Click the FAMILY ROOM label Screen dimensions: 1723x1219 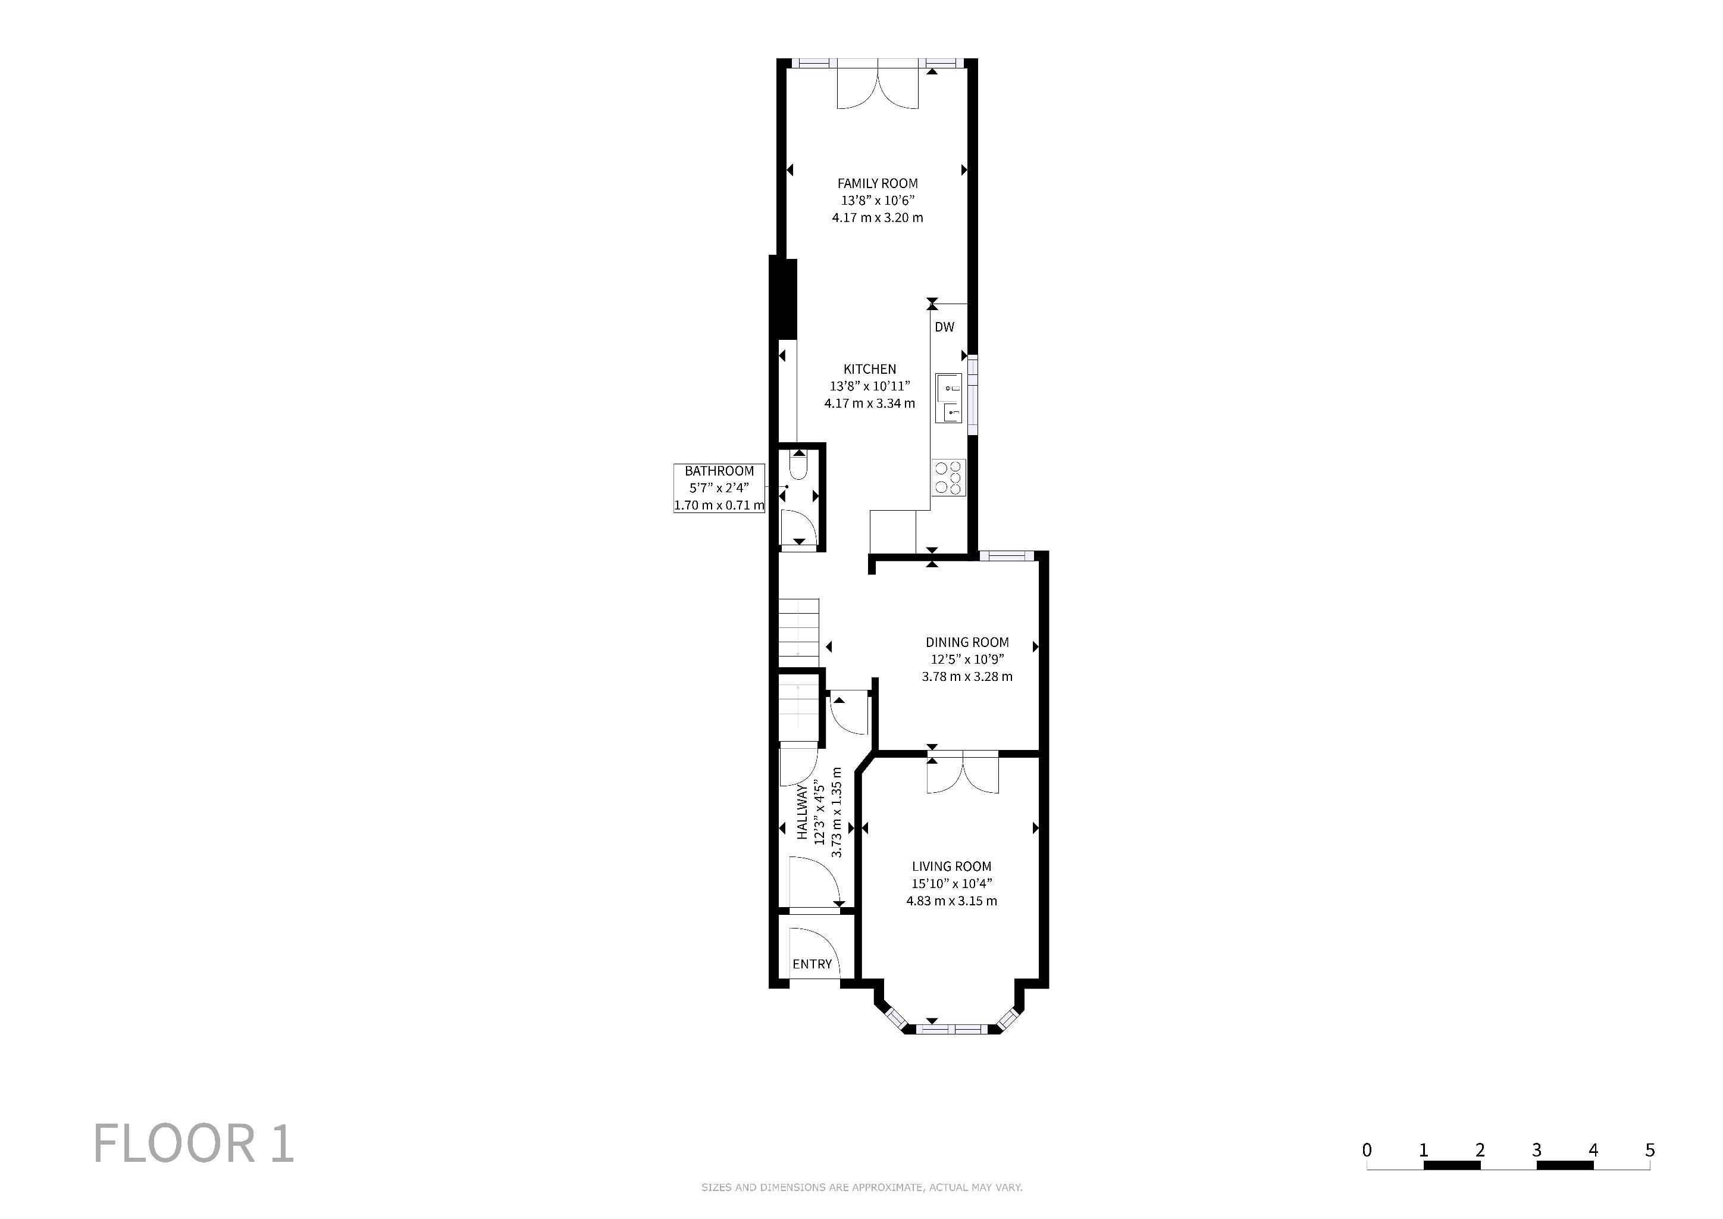[x=877, y=183]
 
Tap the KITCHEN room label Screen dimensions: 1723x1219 [x=870, y=369]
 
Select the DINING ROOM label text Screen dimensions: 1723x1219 [x=967, y=642]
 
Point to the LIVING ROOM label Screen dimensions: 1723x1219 [x=951, y=866]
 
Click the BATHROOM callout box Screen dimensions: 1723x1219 [x=719, y=488]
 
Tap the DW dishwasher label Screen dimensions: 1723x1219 [x=945, y=327]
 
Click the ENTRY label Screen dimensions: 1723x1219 [x=812, y=964]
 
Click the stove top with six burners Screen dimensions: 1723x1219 [x=948, y=478]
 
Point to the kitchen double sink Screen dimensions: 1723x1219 [x=948, y=398]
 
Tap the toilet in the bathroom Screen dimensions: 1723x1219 [x=798, y=465]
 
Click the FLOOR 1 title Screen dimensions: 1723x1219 [x=193, y=1143]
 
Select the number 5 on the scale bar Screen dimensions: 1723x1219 [x=1649, y=1150]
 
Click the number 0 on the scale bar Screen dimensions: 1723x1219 [x=1367, y=1150]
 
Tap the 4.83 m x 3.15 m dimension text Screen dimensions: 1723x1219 [x=951, y=901]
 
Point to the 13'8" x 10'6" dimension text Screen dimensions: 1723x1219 [x=877, y=201]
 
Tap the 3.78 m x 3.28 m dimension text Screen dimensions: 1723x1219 [x=967, y=676]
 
